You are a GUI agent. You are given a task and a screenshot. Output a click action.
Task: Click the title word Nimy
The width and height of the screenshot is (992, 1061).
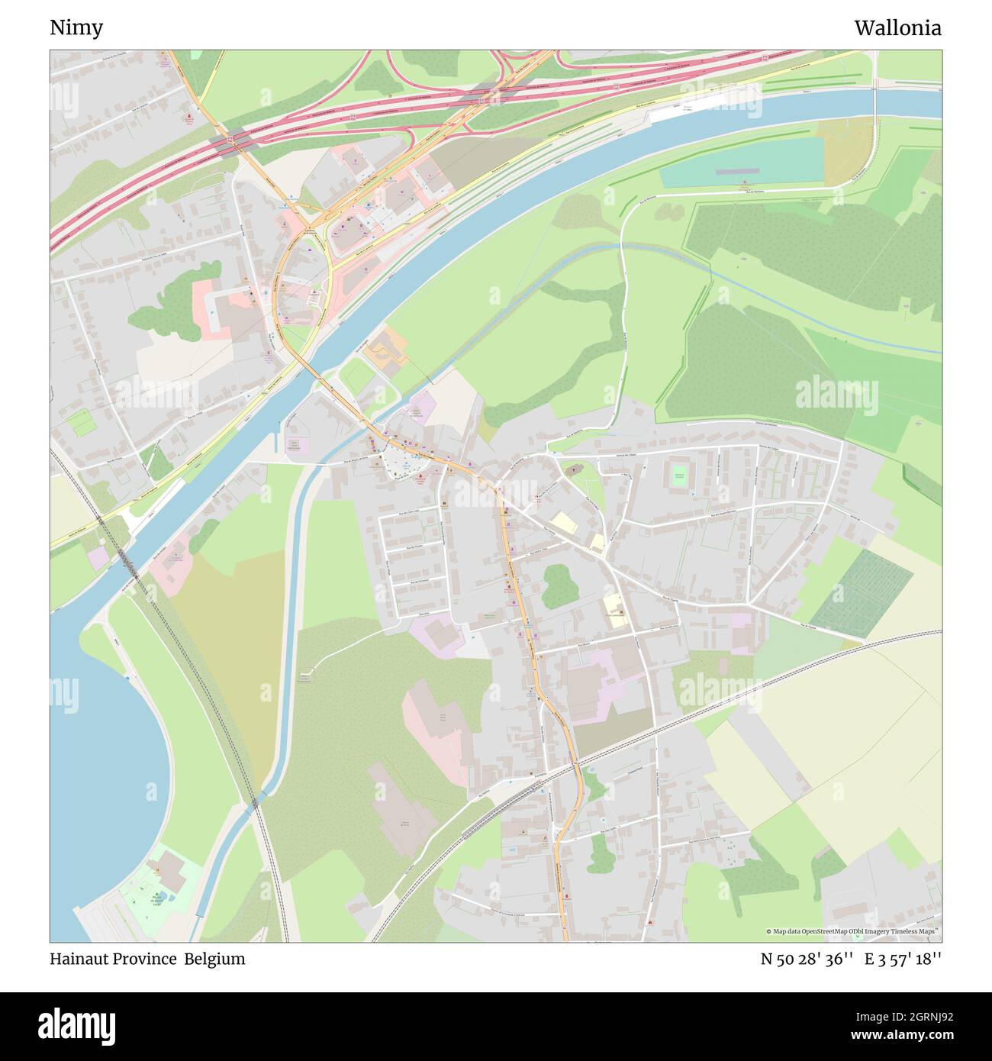(76, 28)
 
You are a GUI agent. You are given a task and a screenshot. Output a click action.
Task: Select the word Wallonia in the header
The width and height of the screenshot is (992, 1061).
(897, 28)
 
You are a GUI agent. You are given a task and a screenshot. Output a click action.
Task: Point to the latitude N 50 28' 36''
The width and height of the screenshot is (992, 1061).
(807, 959)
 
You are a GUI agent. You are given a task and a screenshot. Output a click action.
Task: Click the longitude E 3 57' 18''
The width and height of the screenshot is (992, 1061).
(903, 959)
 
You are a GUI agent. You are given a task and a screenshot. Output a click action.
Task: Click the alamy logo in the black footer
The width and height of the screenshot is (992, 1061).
(76, 1025)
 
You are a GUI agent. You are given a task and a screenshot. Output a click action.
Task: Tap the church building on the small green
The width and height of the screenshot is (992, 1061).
(574, 469)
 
